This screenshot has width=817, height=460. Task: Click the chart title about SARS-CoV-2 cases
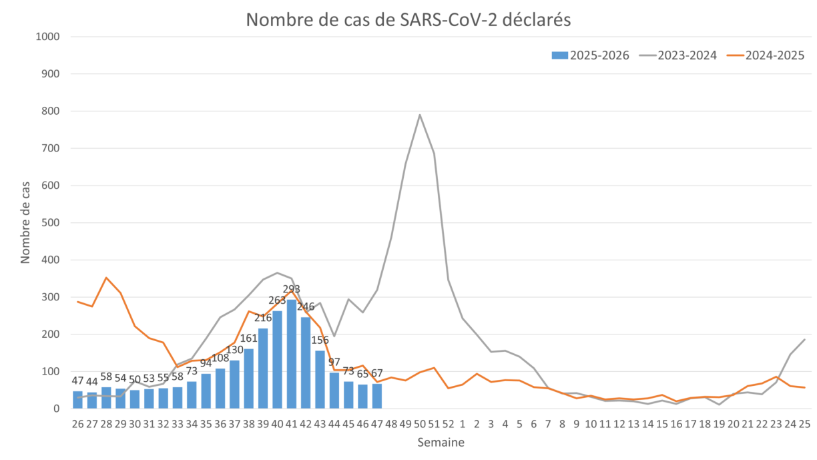(x=408, y=20)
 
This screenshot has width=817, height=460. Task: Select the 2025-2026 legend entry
(x=591, y=55)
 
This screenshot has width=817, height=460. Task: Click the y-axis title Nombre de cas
(x=25, y=222)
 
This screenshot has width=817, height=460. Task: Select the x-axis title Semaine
(x=441, y=443)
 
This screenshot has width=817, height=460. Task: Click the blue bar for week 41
(x=292, y=354)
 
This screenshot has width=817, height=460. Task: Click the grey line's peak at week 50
(x=420, y=115)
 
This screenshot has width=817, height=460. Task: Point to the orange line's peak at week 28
(x=106, y=277)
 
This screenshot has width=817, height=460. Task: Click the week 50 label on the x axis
(x=420, y=423)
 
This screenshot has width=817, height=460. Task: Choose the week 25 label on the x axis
(x=804, y=423)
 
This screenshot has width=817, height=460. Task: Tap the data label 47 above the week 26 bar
(x=78, y=381)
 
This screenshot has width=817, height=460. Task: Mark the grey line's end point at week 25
(x=804, y=339)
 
